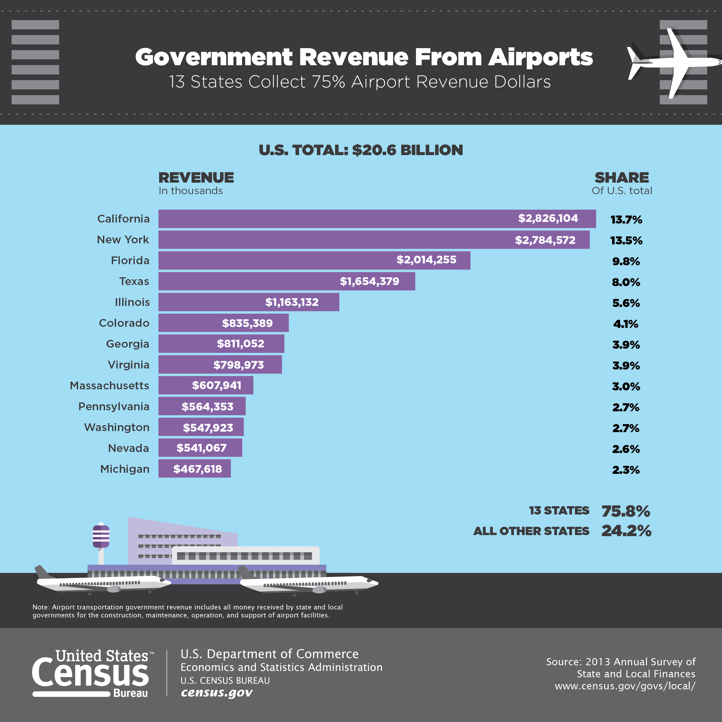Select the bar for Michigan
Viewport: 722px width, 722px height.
pos(194,468)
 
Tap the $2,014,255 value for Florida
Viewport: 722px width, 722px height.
pos(427,260)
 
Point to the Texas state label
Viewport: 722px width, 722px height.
pos(134,281)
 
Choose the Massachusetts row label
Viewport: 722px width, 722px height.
pos(109,386)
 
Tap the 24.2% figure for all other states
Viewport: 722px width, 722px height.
pos(626,531)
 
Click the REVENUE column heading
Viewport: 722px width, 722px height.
pos(196,178)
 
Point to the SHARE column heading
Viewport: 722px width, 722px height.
pos(622,178)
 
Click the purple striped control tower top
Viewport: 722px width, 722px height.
pos(101,536)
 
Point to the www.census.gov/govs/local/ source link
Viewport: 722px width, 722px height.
pos(625,686)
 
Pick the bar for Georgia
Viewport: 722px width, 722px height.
pos(221,344)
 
